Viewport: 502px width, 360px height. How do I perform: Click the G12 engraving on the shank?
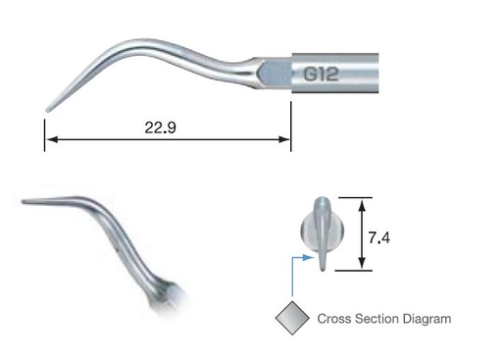[x=327, y=73]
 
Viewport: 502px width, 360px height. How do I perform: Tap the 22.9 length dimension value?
[x=163, y=127]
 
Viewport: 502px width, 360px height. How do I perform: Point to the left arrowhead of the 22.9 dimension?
[x=49, y=141]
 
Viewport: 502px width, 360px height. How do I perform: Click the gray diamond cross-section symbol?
[x=292, y=318]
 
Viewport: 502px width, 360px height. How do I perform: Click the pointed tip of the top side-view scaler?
[x=47, y=107]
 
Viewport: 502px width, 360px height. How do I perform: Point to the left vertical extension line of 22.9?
[x=44, y=132]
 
